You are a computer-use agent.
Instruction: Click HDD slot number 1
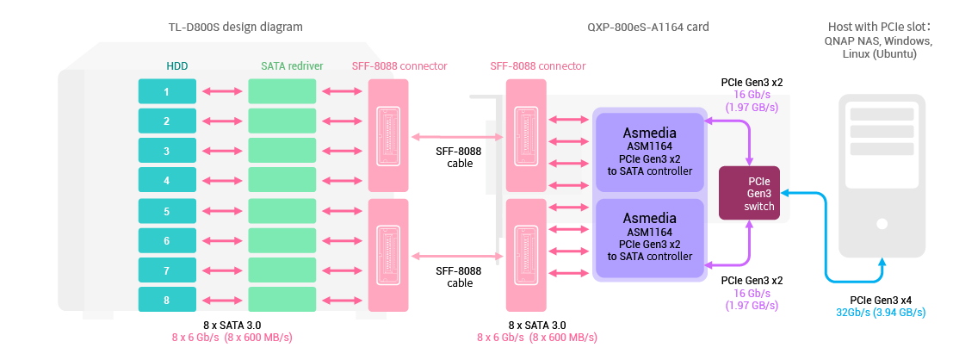[x=167, y=91]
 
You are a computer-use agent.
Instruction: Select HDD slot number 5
[x=167, y=211]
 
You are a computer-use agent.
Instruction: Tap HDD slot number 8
[x=167, y=300]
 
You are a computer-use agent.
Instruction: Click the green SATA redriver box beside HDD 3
[x=282, y=151]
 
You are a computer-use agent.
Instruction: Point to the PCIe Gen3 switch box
[x=749, y=192]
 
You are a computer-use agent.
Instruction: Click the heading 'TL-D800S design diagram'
[x=235, y=27]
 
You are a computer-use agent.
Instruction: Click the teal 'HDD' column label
[x=177, y=66]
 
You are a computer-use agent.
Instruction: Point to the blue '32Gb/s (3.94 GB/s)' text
[x=881, y=312]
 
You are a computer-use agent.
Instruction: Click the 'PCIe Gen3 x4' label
[x=881, y=300]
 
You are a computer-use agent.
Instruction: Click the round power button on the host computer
[x=881, y=224]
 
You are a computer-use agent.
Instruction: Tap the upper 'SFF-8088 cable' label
[x=460, y=157]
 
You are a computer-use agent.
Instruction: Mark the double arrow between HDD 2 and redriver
[x=222, y=121]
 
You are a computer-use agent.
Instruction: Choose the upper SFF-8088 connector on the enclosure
[x=387, y=136]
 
